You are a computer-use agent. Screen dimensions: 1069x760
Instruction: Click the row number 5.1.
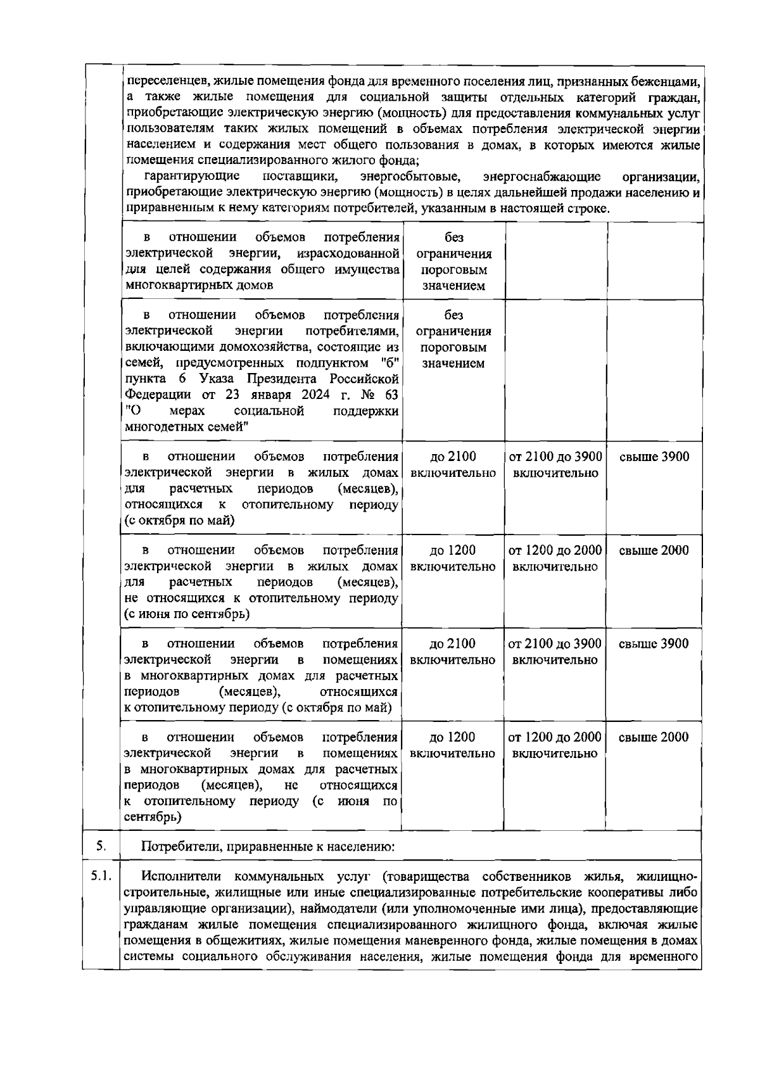click(x=101, y=877)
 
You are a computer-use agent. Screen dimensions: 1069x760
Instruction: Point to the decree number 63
click(x=391, y=395)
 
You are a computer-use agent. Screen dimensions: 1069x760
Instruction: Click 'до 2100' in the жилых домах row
click(x=453, y=457)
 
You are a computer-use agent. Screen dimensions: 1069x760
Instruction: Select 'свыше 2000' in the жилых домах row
click(x=654, y=550)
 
